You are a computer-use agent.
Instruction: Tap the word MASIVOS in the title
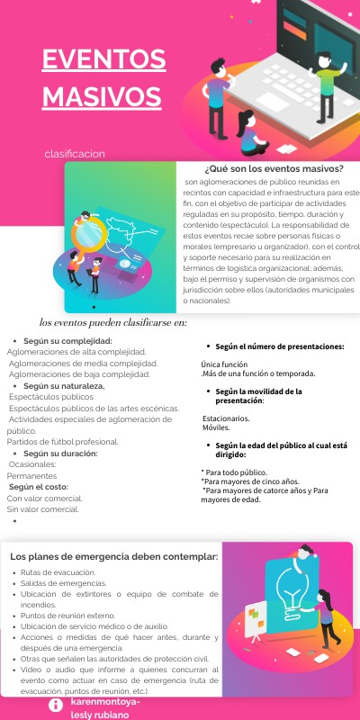pos(102,95)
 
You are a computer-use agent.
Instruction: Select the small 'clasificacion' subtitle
pos(75,154)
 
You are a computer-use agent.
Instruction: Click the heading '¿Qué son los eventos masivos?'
pos(274,168)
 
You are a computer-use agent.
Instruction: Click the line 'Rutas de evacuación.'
pos(58,572)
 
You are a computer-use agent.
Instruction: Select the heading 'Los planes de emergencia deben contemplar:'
pos(114,555)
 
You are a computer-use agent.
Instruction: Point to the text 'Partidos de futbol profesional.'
pos(63,442)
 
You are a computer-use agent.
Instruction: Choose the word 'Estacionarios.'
pos(227,418)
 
